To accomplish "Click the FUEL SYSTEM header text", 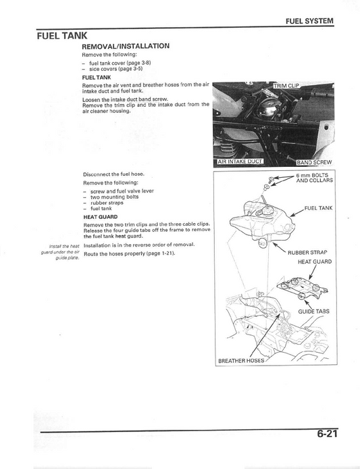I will coord(309,21).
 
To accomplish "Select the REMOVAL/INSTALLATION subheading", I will coord(126,46).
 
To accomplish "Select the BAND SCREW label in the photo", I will coord(314,162).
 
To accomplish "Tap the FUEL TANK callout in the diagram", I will coord(317,208).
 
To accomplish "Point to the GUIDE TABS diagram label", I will coord(315,312).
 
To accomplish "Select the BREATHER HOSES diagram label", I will coord(241,361).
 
